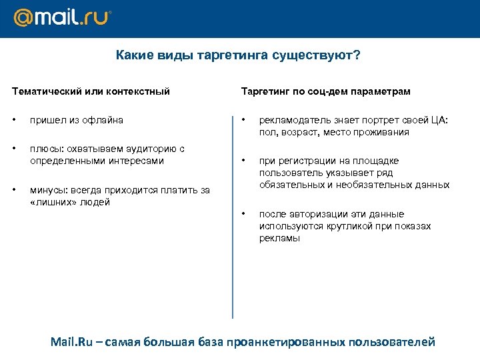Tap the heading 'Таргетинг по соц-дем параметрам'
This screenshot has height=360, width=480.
coord(325,91)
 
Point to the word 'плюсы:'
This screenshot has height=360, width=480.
coord(45,149)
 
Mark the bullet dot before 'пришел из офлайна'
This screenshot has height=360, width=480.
coord(15,120)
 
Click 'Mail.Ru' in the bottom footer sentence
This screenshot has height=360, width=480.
coord(72,342)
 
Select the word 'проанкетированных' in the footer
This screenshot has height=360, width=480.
coord(285,342)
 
